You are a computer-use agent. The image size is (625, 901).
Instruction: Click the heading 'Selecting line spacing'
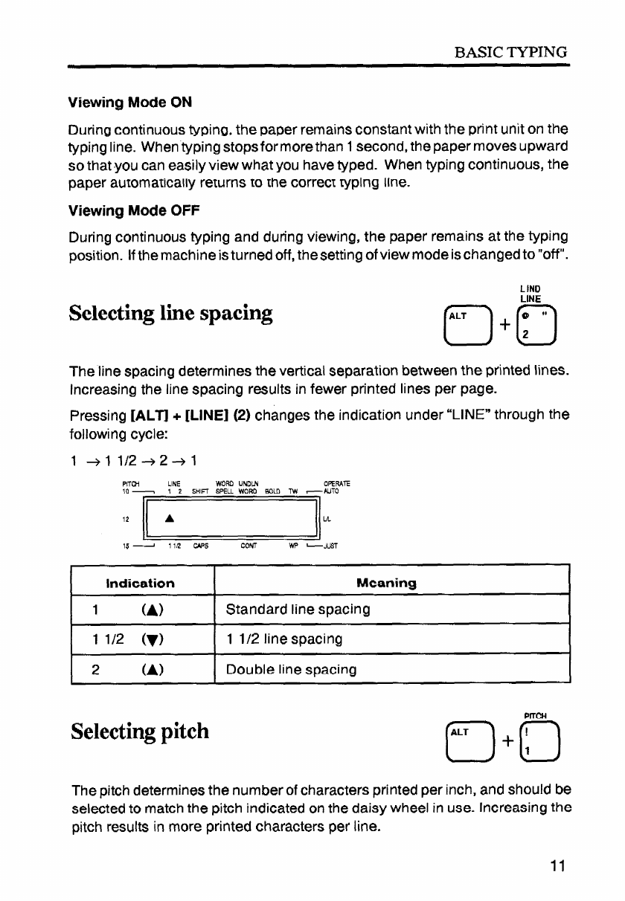170,312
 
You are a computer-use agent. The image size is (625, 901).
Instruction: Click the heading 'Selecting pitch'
140,732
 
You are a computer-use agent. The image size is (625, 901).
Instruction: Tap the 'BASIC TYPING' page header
513,52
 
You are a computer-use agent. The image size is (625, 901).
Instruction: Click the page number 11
559,865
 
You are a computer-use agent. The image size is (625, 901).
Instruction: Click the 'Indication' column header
141,584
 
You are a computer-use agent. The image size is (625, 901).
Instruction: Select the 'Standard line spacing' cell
298,610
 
